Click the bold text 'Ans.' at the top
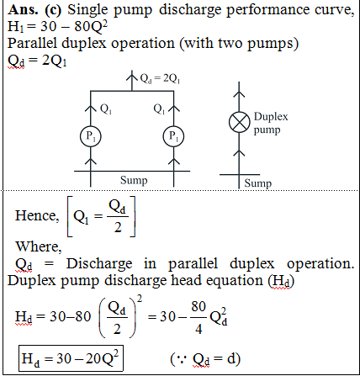pyautogui.click(x=24, y=10)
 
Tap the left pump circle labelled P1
pyautogui.click(x=90, y=136)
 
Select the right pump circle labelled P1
pyautogui.click(x=173, y=136)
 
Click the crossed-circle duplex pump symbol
pyautogui.click(x=239, y=123)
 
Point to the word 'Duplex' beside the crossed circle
pyautogui.click(x=271, y=117)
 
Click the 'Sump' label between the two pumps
pyautogui.click(x=134, y=180)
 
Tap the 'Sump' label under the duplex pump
pyautogui.click(x=257, y=183)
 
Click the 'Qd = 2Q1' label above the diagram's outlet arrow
pyautogui.click(x=160, y=79)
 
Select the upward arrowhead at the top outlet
pyautogui.click(x=132, y=75)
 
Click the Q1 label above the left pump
pyautogui.click(x=106, y=109)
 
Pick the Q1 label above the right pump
pyautogui.click(x=159, y=109)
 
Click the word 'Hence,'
pyautogui.click(x=37, y=216)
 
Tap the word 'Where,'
pyautogui.click(x=39, y=246)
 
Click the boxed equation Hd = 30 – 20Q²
pyautogui.click(x=71, y=358)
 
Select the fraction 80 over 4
pyautogui.click(x=199, y=318)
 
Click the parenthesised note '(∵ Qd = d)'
pyautogui.click(x=205, y=359)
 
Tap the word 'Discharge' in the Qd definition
pyautogui.click(x=99, y=264)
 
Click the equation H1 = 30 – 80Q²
pyautogui.click(x=57, y=27)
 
